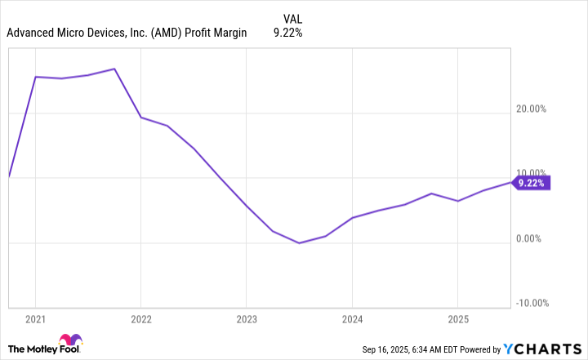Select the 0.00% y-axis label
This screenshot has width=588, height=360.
click(532, 239)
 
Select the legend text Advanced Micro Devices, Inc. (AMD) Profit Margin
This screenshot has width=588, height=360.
click(127, 33)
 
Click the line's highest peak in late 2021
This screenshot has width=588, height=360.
click(114, 69)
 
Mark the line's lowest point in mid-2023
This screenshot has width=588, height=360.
click(299, 242)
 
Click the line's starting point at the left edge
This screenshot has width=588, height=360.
click(8, 176)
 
